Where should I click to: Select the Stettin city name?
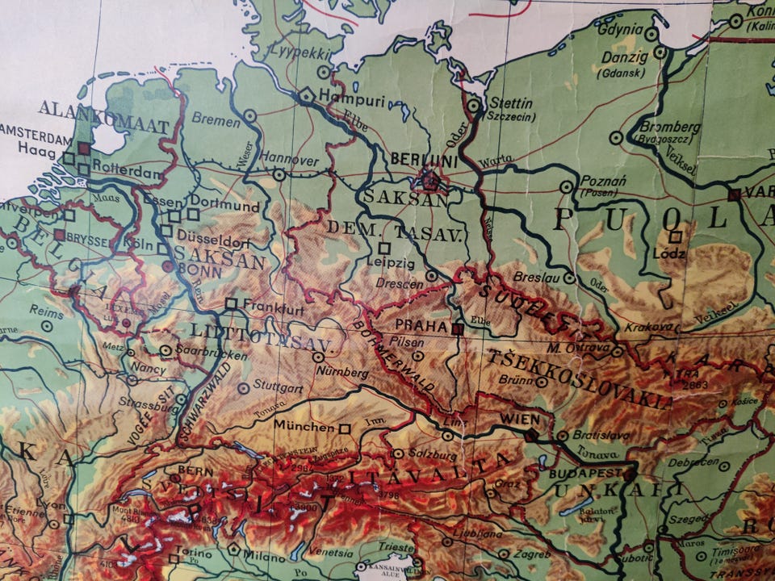tap(510, 103)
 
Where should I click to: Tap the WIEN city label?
tap(519, 420)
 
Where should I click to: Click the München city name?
tap(304, 426)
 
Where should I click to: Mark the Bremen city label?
tap(216, 121)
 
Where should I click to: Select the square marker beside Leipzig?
tap(384, 248)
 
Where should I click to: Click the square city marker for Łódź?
tap(677, 236)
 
